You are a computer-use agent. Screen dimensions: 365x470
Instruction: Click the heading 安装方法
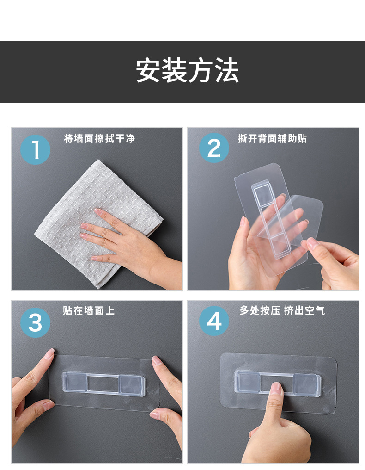(x=188, y=71)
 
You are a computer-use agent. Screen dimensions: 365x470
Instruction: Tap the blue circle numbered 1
(x=35, y=149)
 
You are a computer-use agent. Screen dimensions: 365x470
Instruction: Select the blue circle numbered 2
(x=214, y=148)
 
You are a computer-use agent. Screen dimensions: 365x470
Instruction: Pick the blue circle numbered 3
(x=35, y=322)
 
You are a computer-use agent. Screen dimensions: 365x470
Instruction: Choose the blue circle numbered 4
(x=214, y=321)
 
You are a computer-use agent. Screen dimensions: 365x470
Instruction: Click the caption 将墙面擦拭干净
(x=99, y=139)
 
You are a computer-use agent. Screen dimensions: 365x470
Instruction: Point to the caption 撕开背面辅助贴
(x=273, y=139)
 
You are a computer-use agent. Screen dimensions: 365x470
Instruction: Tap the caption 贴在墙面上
(x=89, y=310)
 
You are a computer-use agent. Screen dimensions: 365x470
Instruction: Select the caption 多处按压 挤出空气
(x=282, y=310)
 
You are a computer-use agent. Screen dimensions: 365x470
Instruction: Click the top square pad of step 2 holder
(x=262, y=194)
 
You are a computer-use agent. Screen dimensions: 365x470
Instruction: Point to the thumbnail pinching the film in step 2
(x=313, y=243)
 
